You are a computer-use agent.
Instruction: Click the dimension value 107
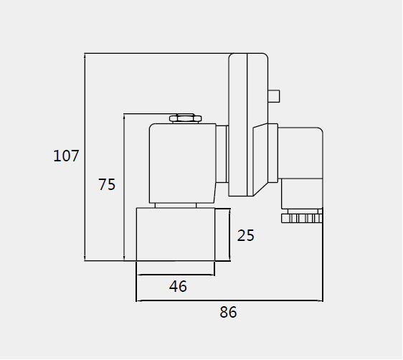[66, 156]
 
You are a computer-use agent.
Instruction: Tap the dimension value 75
[107, 184]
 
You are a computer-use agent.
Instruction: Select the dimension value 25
[245, 235]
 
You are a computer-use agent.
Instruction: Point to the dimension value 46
[178, 286]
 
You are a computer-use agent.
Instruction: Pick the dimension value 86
[228, 312]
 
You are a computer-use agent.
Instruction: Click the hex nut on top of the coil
[185, 118]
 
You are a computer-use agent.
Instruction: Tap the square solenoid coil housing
[182, 164]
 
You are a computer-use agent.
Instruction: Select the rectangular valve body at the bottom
[176, 235]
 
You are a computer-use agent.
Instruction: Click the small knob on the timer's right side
[274, 96]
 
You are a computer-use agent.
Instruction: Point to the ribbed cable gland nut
[302, 218]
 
